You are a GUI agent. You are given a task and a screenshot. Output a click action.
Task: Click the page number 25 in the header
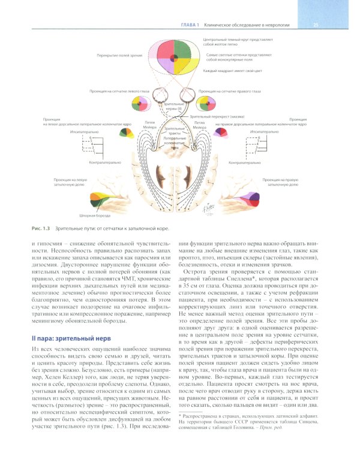[316, 24]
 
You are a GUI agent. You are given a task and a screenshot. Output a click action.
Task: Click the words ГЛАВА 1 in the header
[190, 24]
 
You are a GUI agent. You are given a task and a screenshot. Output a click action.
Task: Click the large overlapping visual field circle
[172, 59]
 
